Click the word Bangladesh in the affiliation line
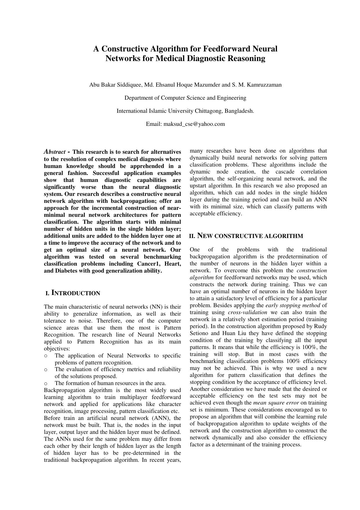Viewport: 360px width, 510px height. [x=241, y=111]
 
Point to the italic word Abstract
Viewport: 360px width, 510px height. [x=55, y=152]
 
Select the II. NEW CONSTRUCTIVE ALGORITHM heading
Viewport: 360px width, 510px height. [x=246, y=236]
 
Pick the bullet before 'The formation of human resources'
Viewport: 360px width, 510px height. [x=46, y=384]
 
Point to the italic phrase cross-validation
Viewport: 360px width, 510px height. [x=248, y=312]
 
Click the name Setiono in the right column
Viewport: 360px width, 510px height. [x=199, y=333]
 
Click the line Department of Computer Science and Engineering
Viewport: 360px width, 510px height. [x=185, y=98]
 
